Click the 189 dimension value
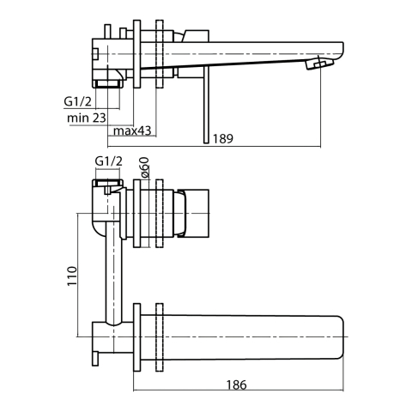click(x=223, y=138)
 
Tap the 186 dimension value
click(x=236, y=385)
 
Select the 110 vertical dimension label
click(x=72, y=276)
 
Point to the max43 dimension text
click(x=132, y=130)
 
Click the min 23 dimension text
click(x=87, y=118)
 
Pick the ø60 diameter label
click(x=144, y=168)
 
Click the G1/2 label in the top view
click(x=77, y=101)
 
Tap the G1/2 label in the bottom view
click(x=109, y=161)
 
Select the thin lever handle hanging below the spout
click(x=207, y=105)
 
